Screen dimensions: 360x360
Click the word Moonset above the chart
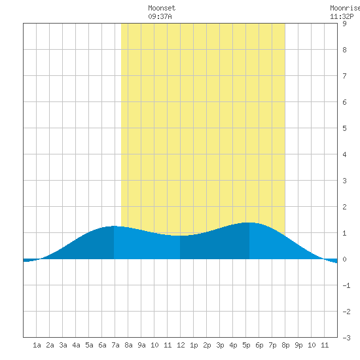coord(162,8)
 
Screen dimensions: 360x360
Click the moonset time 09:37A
coord(160,16)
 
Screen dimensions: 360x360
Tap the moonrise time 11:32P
coord(342,16)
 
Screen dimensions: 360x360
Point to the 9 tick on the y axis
coord(344,24)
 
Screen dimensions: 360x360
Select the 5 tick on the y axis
coord(344,128)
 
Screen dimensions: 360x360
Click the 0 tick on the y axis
coord(344,259)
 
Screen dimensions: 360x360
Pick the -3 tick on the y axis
coord(346,338)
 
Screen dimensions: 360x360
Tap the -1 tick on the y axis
coord(346,285)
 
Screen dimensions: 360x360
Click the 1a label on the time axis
coord(37,345)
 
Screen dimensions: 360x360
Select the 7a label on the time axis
coord(115,345)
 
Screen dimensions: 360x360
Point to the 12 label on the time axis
coord(181,345)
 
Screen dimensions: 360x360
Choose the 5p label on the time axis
coord(246,345)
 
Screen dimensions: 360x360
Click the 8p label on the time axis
coord(285,345)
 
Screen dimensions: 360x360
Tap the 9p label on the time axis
coord(298,345)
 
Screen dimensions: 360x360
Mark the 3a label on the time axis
coord(63,345)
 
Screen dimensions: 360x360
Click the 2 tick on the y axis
coord(344,207)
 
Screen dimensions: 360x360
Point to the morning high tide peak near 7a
coord(114,226)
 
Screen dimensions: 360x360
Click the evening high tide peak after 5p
coord(249,223)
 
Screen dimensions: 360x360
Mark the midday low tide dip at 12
coord(180,236)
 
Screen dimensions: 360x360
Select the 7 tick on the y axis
coord(344,76)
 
